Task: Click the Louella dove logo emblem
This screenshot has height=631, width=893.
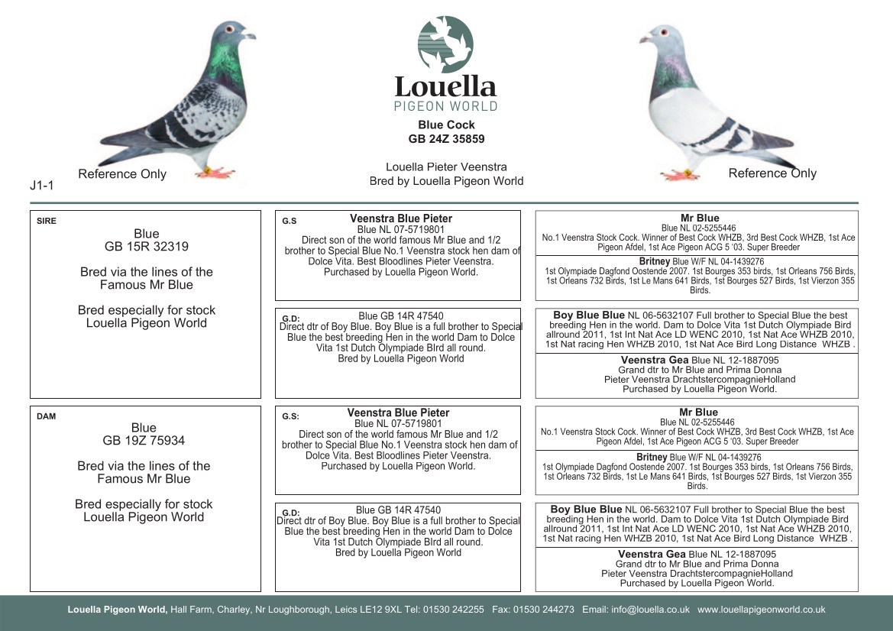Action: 445,44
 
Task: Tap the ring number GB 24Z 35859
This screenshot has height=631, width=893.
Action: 446,139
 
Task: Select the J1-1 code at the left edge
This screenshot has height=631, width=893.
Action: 40,184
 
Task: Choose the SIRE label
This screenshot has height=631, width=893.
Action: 47,222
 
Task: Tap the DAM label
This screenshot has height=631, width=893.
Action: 46,416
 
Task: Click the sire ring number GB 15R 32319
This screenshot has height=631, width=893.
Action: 147,247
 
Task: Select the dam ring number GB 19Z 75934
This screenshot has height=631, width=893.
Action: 144,441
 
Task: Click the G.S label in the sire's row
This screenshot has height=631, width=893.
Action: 289,222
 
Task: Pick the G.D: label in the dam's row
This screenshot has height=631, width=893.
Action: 291,513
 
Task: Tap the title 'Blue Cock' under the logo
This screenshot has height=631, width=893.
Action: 446,125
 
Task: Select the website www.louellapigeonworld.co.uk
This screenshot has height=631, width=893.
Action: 761,610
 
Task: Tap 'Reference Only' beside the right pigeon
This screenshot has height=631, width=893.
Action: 772,173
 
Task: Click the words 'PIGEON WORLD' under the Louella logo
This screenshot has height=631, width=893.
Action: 445,106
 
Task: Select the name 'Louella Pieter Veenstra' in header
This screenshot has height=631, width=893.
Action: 446,167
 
